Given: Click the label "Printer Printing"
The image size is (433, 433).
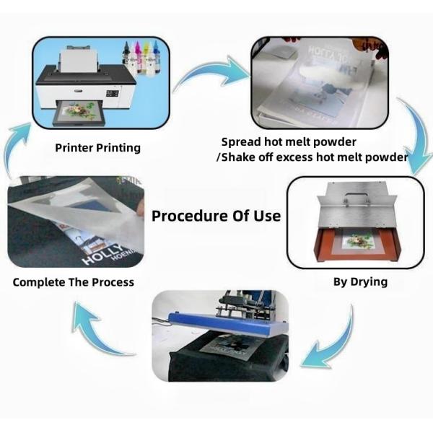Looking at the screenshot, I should coord(97,148).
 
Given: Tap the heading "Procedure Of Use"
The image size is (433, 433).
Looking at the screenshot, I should coord(216,216).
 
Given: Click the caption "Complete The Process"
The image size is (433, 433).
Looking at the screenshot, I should coord(74,281).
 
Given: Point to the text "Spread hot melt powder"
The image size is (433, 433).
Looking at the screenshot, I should coord(289,141).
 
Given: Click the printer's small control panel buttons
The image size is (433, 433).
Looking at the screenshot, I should coord(112,93).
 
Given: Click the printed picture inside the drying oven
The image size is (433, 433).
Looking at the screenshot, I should coord(358,240).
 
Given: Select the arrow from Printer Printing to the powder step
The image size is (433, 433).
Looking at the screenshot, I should coord(209,72).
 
